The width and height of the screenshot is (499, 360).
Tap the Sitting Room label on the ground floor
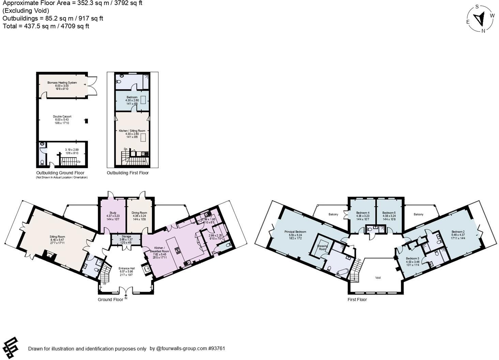pyautogui.click(x=57, y=237)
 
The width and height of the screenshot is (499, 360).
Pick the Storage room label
pyautogui.click(x=126, y=236)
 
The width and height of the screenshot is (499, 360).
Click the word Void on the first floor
pyautogui.click(x=378, y=277)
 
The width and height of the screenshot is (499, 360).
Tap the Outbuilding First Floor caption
pyautogui.click(x=127, y=173)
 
